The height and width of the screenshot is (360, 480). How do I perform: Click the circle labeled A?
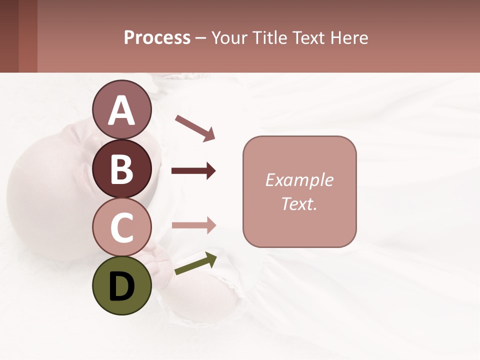tap(122, 109)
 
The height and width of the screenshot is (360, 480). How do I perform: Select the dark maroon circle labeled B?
tap(122, 168)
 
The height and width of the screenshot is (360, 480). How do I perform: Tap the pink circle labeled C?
tap(122, 227)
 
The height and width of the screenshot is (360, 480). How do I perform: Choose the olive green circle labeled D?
tap(122, 285)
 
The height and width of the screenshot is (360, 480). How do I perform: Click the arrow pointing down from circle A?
tap(194, 128)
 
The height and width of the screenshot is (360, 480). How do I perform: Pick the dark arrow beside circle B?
tap(193, 171)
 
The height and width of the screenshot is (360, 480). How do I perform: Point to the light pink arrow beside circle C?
tap(193, 225)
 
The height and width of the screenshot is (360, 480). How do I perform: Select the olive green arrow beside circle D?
tap(195, 264)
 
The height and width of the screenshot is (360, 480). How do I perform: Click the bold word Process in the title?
tap(157, 38)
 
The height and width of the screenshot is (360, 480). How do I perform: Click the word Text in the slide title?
tap(311, 38)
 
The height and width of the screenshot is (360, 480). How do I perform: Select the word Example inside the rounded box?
tap(299, 180)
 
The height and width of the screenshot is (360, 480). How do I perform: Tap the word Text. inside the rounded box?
tap(299, 203)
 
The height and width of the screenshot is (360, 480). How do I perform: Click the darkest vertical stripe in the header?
tap(9, 36)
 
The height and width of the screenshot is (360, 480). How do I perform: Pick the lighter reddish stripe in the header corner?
tap(28, 36)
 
